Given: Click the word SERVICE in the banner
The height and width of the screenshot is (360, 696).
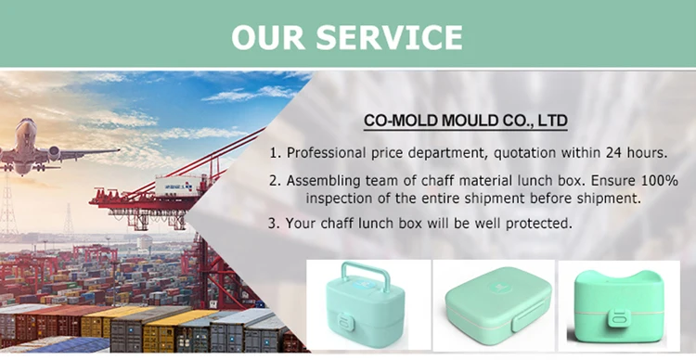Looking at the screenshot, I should pyautogui.click(x=391, y=36).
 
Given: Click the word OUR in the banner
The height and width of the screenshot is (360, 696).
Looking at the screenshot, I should pyautogui.click(x=270, y=36).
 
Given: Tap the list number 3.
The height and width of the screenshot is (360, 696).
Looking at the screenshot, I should pyautogui.click(x=272, y=224).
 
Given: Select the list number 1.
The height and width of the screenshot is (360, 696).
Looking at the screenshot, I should pyautogui.click(x=273, y=152).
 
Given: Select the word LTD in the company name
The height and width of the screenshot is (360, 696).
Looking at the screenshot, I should pyautogui.click(x=549, y=121).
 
